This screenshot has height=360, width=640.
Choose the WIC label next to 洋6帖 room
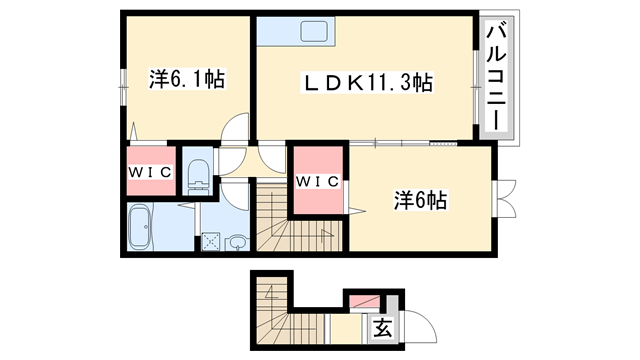point(318,181)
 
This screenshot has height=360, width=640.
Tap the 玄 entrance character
point(381,327)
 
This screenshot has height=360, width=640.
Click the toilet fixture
point(198,171)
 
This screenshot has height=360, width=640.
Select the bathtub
point(141,229)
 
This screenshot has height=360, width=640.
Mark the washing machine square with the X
point(211,241)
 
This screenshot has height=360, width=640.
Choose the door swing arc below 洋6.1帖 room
point(236,129)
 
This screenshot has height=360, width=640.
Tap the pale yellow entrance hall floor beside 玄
point(345,328)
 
